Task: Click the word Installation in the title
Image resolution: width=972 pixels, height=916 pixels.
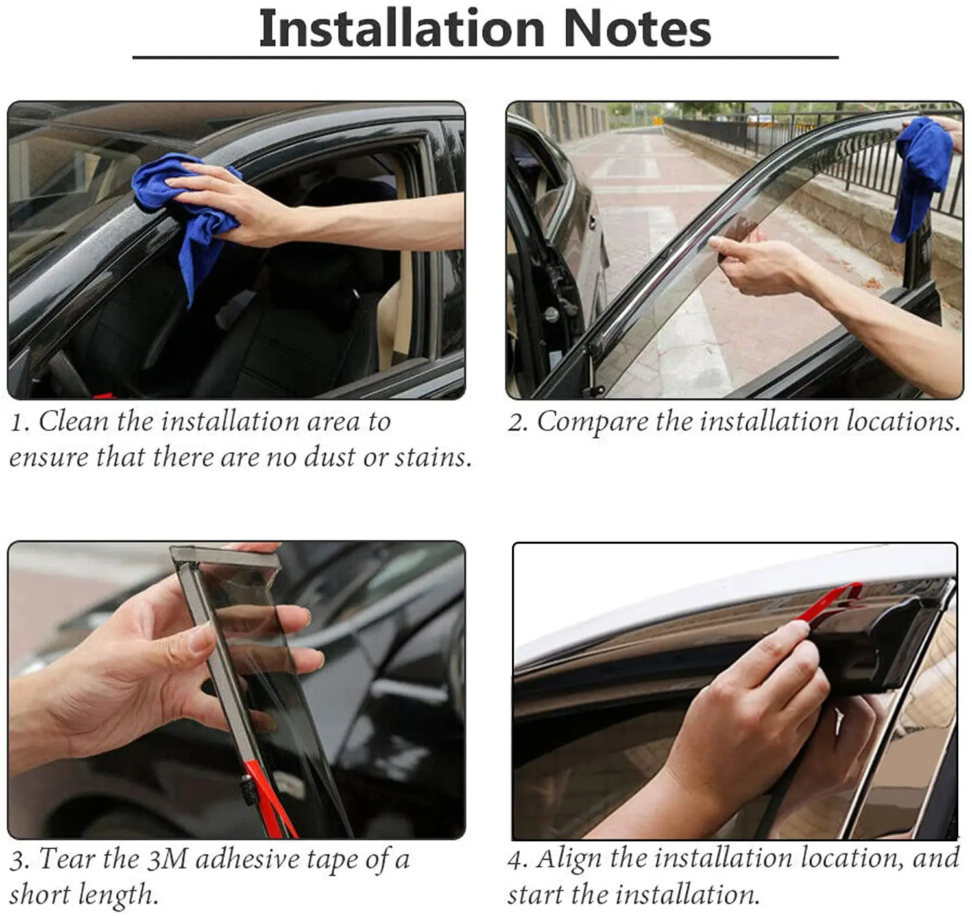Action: pos(402,29)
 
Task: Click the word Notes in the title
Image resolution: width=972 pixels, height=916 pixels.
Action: pos(637,29)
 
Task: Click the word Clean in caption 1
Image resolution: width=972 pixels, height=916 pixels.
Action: pos(73,421)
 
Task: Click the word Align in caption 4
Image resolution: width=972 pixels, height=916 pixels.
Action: pos(568,860)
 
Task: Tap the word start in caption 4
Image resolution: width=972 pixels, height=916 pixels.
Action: pos(535,895)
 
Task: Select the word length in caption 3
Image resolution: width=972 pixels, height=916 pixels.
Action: pos(117,895)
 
